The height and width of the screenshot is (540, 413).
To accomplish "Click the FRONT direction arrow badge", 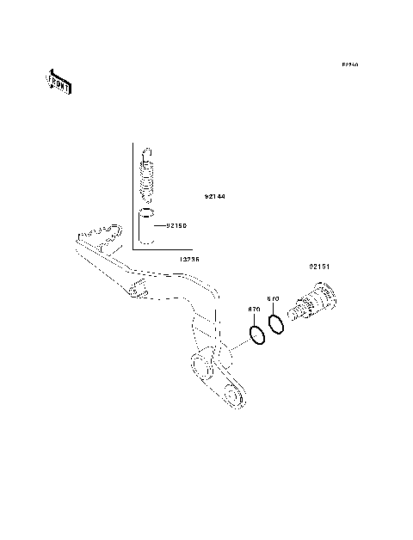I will click(x=59, y=82).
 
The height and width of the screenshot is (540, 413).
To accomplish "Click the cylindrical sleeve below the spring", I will click(x=147, y=227).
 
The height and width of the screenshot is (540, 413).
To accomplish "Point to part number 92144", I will click(x=214, y=196).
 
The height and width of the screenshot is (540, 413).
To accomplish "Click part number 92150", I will click(x=176, y=225).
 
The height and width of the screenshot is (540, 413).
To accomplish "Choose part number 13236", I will click(x=190, y=257).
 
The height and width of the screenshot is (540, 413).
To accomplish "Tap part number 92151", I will click(x=320, y=267).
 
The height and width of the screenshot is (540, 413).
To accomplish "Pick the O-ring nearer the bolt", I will click(x=276, y=324).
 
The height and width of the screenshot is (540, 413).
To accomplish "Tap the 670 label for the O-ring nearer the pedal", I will click(x=254, y=309).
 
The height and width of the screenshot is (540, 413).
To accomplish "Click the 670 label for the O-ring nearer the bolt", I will click(x=273, y=299).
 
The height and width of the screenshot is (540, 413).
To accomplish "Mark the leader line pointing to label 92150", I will click(x=159, y=225).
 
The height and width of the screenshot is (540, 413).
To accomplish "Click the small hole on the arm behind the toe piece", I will click(x=136, y=294).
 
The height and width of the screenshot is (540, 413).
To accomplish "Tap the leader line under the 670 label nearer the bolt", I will click(x=274, y=309).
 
